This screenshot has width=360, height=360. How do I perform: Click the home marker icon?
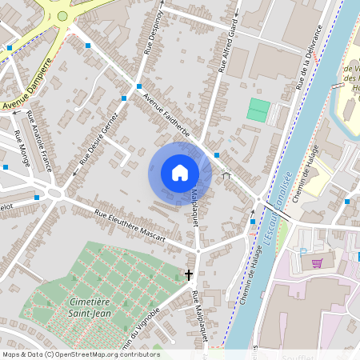point(180,173)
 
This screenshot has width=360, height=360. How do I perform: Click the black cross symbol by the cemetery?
point(190,274)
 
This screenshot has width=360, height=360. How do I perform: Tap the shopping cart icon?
point(317,262)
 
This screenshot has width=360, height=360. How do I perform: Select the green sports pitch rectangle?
point(258,110)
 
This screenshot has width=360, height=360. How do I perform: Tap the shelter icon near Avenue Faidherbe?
point(226,173)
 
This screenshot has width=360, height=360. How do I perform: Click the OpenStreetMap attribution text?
point(80,354)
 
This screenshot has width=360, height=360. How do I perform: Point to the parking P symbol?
point(303,251)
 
